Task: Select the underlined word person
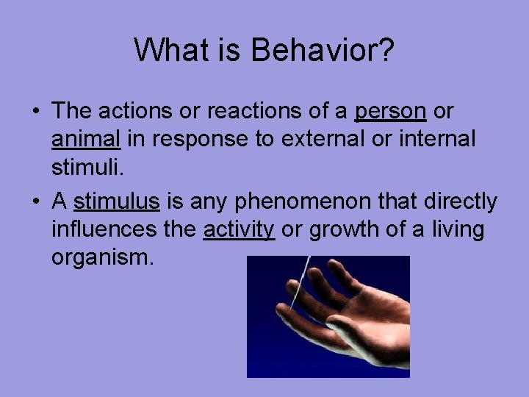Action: pos(390,112)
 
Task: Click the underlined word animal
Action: pos(87,139)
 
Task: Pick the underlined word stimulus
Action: pos(117,202)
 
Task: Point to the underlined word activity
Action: pos(238,230)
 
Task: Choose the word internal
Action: pos(437,139)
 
